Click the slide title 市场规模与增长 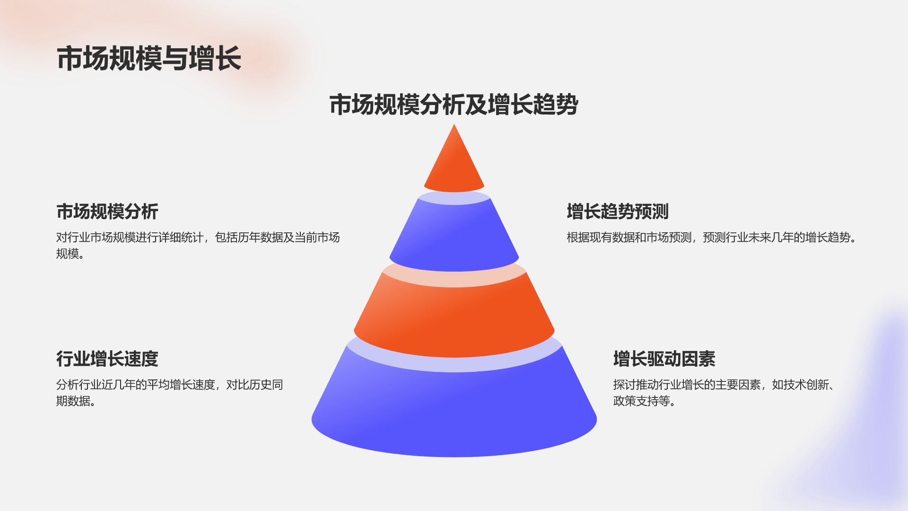149,59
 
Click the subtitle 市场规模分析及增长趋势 454,105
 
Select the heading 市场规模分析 107,211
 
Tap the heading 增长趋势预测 617,211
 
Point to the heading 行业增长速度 107,359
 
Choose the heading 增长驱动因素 664,359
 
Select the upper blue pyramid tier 454,237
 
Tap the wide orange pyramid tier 454,317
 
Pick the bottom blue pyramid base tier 454,412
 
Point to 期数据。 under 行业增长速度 76,401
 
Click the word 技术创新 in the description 806,385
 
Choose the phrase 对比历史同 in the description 254,385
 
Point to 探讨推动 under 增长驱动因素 636,385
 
